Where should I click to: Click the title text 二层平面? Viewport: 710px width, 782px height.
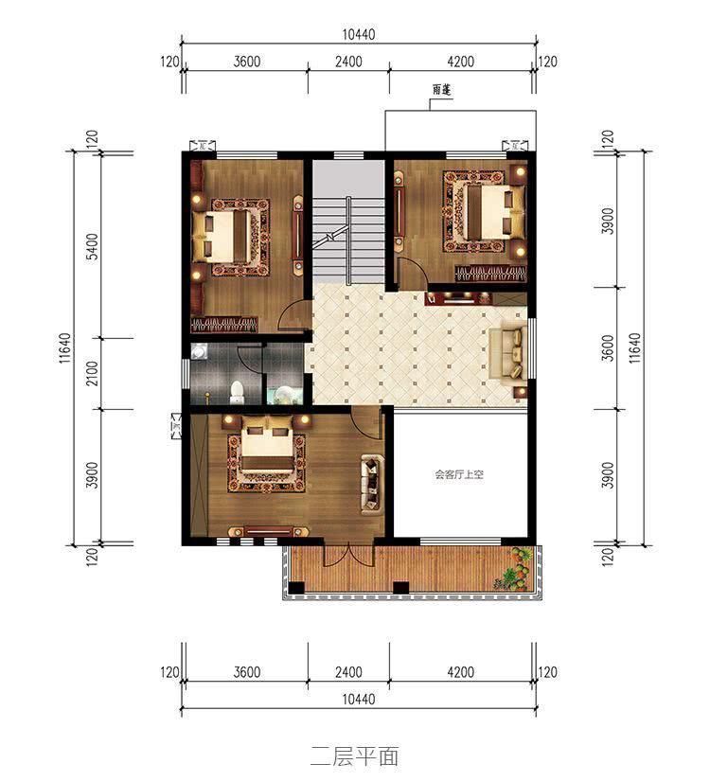point(354,755)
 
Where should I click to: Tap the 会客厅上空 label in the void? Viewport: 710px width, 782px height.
point(459,475)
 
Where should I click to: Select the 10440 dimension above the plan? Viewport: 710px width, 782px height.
point(359,34)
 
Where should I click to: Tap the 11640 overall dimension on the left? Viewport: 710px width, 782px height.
point(63,347)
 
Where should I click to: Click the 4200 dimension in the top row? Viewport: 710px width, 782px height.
point(459,62)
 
